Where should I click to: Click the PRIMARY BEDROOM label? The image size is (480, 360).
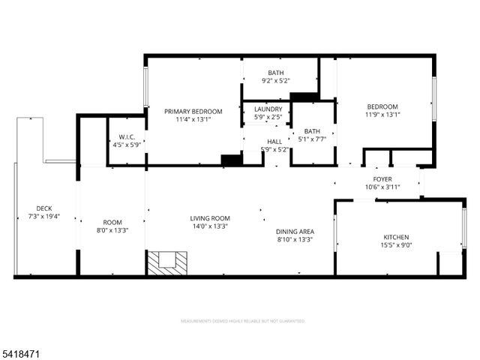(193, 111)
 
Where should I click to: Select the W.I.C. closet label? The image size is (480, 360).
(126, 136)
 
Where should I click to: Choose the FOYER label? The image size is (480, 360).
(382, 179)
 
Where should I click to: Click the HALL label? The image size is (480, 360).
(274, 141)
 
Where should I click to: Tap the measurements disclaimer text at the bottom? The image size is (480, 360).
(243, 321)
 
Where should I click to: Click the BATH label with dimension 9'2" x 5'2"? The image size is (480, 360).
(275, 73)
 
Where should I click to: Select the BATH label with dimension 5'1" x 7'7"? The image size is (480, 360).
(312, 130)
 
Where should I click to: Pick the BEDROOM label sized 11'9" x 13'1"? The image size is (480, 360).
(382, 106)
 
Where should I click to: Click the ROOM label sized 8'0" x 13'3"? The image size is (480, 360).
(112, 223)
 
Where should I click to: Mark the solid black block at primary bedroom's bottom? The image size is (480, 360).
(232, 160)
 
